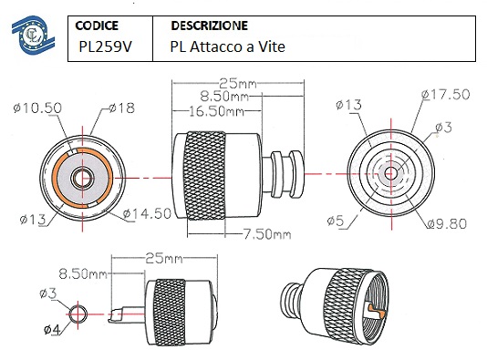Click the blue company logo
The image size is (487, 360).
pyautogui.click(x=33, y=35)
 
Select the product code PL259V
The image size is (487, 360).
pyautogui.click(x=105, y=46)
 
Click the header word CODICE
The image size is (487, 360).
pyautogui.click(x=97, y=26)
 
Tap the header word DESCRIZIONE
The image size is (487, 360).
pyautogui.click(x=210, y=26)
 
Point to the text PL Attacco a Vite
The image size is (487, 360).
pyautogui.click(x=227, y=46)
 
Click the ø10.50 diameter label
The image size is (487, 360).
pyautogui.click(x=37, y=108)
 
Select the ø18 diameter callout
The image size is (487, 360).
pyautogui.click(x=122, y=108)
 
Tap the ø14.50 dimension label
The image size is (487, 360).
pyautogui.click(x=147, y=213)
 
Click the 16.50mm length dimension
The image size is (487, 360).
pyautogui.click(x=216, y=111)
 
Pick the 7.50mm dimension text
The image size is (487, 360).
pyautogui.click(x=267, y=234)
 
